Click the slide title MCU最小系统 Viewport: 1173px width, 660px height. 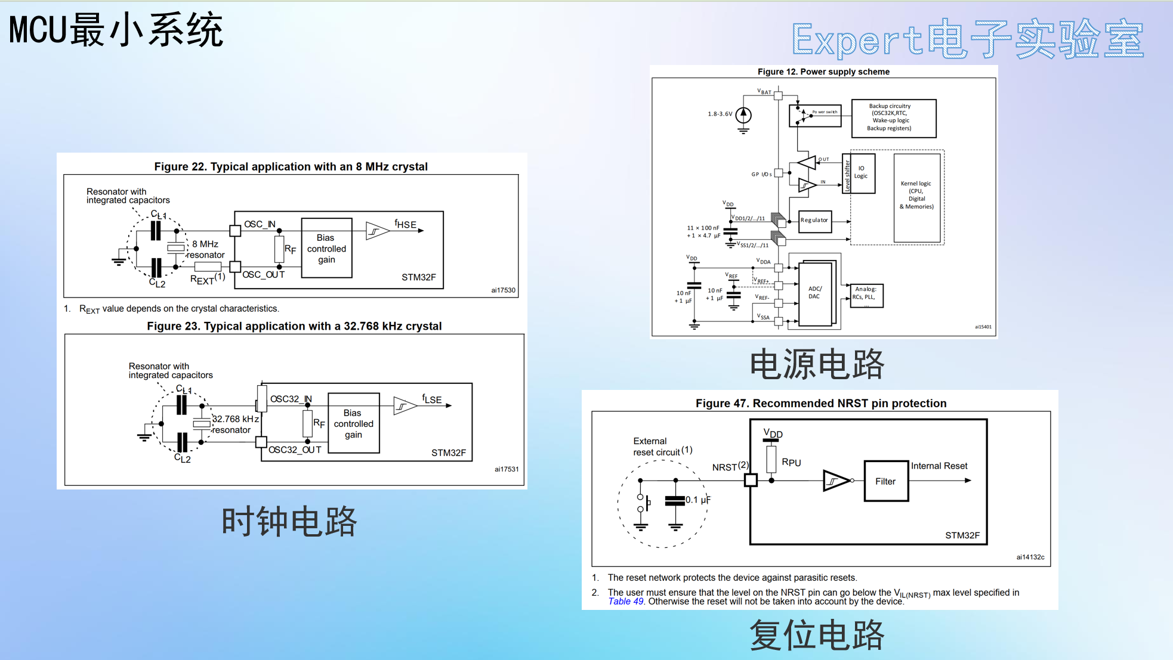(116, 30)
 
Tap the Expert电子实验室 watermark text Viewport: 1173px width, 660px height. (967, 39)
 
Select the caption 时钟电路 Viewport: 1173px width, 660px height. (289, 522)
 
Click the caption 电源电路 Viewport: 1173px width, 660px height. (817, 364)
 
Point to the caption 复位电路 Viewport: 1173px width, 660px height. (817, 635)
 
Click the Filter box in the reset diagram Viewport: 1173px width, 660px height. (886, 481)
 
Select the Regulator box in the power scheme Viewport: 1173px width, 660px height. (814, 220)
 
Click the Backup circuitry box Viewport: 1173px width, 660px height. (893, 118)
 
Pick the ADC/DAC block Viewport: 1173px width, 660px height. (814, 293)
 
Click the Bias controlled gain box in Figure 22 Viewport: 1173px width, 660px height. (326, 248)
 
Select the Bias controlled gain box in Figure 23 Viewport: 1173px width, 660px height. (353, 423)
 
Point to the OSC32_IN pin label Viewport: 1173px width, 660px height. (291, 399)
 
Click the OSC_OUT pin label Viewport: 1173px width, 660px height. (263, 275)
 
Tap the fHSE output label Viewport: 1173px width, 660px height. (405, 224)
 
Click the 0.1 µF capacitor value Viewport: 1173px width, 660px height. (697, 500)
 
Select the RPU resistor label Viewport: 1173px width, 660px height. (791, 463)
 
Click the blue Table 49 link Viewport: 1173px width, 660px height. (625, 602)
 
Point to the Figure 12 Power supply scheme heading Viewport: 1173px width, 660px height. (823, 72)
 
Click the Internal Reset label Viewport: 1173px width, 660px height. (939, 466)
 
